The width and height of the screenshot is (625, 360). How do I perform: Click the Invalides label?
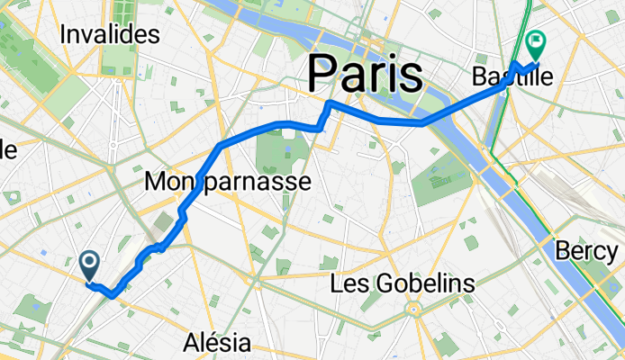point(110,35)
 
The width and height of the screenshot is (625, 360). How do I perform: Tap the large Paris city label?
point(366,73)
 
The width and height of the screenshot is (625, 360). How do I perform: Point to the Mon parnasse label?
point(228,183)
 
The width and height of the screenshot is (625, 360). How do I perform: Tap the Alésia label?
point(216,342)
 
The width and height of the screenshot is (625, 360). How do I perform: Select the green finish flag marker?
point(536,40)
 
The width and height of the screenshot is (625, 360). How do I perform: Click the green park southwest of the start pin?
point(34,309)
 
